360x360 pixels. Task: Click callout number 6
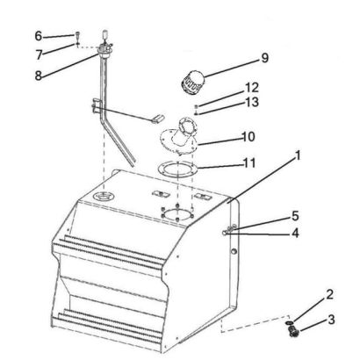39,36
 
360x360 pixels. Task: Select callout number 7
40,54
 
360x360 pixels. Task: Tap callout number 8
39,76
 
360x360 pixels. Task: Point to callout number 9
264,58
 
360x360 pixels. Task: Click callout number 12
252,88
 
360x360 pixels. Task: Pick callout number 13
252,102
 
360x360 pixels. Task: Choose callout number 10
248,137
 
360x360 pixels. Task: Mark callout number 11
249,163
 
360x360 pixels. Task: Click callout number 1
298,155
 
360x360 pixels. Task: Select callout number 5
295,216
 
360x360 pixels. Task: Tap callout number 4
295,234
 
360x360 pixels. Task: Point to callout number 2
329,294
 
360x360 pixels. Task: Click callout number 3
331,320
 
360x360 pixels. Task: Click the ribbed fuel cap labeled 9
191,82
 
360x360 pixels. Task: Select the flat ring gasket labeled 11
177,169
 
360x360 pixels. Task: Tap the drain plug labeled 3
292,332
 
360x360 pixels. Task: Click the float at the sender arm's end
158,119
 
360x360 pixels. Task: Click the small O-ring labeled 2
289,322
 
